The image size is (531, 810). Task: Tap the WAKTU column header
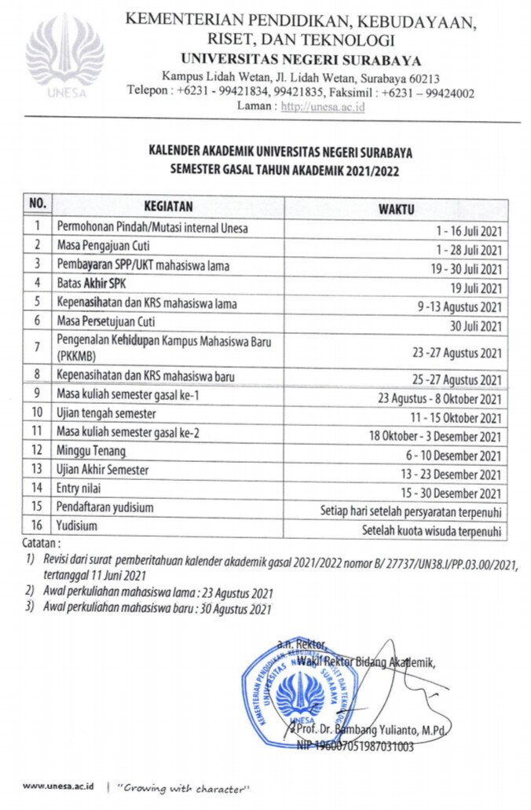pos(397,208)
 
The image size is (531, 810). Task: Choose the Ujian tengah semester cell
pos(106,413)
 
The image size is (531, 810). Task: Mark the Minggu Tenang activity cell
pos(90,451)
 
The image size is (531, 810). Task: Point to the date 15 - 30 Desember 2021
pos(453,493)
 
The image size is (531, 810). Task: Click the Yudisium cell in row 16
pos(76,526)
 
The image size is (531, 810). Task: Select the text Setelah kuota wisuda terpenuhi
pos(431,531)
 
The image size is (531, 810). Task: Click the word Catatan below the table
pos(41,543)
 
